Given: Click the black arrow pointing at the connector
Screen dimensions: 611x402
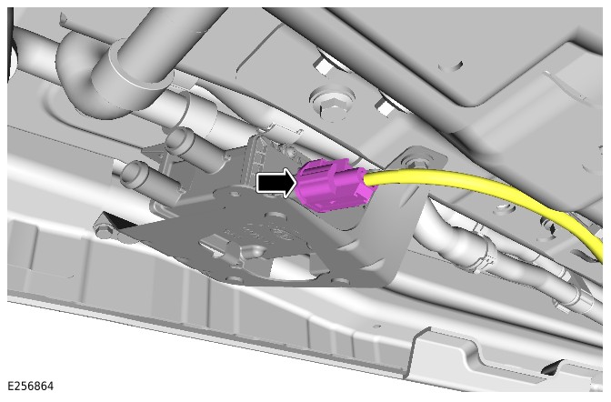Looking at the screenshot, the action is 275,183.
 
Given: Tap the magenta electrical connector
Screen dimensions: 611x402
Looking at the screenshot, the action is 336,186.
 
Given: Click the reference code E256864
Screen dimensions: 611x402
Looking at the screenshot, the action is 30,386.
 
